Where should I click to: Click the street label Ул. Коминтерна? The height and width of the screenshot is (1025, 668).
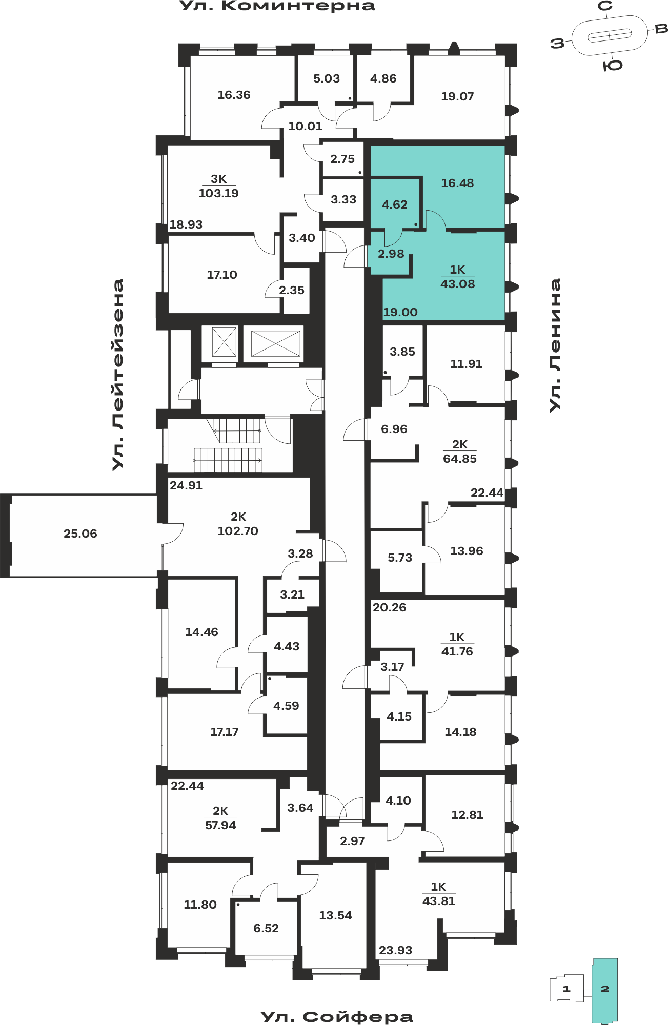click(x=277, y=6)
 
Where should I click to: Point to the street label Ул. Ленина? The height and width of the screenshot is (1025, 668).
click(x=555, y=345)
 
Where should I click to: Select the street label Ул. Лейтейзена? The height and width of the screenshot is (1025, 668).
click(x=118, y=375)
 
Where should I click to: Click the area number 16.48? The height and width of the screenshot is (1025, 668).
click(x=457, y=183)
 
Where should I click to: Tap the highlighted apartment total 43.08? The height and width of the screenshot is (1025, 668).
click(x=457, y=284)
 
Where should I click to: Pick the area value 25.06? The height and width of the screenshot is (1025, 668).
click(x=80, y=534)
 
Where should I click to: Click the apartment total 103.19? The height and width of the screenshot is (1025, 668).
click(x=218, y=193)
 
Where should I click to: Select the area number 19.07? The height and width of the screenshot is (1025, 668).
click(x=457, y=96)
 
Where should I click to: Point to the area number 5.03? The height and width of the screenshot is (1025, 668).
click(x=327, y=78)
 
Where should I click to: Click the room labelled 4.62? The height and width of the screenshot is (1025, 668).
click(x=395, y=204)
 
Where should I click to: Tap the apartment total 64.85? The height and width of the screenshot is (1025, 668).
click(x=460, y=459)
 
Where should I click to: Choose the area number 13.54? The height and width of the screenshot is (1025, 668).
click(x=335, y=915)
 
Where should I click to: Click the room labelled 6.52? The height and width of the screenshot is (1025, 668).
click(x=266, y=928)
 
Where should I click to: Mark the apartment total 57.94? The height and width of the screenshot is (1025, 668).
click(x=220, y=825)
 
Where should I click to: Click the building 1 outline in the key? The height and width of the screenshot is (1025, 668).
click(x=566, y=988)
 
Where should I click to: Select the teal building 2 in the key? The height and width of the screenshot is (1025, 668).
click(x=605, y=991)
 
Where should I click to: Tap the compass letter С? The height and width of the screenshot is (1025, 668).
click(x=605, y=6)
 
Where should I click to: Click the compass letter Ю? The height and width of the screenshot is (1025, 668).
click(x=613, y=66)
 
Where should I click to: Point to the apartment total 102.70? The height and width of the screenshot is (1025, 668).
click(x=238, y=531)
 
